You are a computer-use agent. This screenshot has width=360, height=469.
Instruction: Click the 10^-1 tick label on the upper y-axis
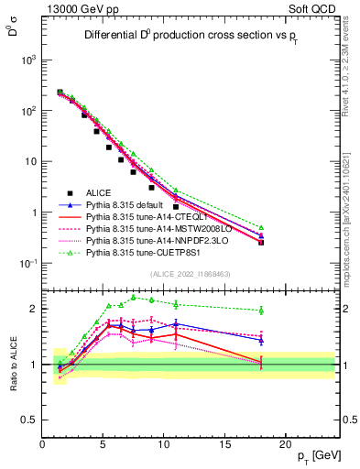click(x=27, y=264)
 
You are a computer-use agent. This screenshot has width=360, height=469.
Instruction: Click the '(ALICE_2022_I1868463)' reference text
click(x=190, y=274)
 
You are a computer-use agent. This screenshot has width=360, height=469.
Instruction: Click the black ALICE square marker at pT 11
click(x=176, y=206)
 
